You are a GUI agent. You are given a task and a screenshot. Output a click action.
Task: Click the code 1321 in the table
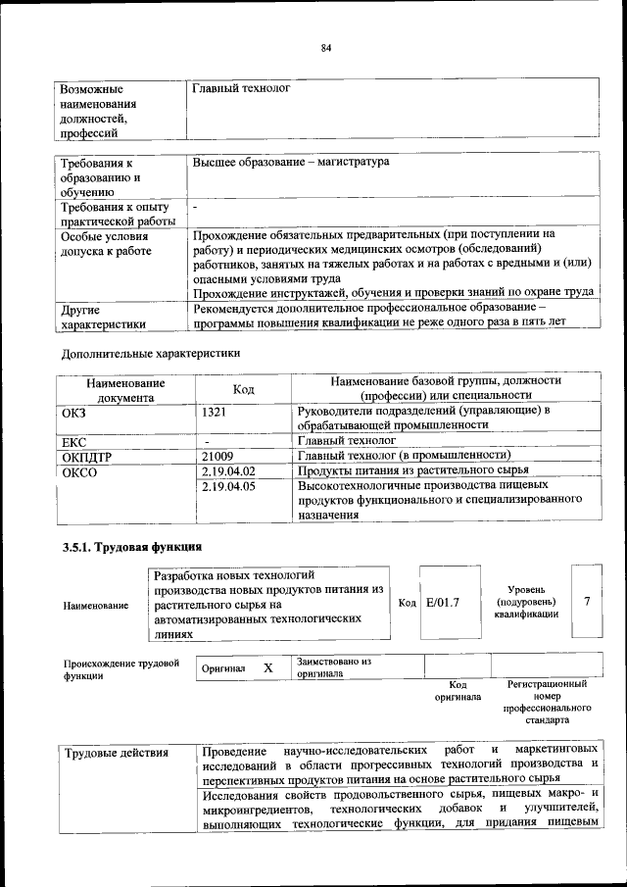(x=215, y=411)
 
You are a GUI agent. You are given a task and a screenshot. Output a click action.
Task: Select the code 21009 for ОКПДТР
(x=217, y=456)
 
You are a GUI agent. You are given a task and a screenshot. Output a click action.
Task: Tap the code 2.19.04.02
(x=227, y=471)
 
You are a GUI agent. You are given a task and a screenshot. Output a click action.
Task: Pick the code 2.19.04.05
(x=227, y=486)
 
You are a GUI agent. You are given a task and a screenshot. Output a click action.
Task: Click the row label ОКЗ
(x=74, y=412)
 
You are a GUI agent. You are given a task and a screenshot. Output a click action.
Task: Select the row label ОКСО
(x=78, y=471)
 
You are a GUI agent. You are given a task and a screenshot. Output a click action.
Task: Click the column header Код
(x=243, y=389)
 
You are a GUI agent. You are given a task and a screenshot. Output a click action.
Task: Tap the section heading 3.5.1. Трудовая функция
(x=131, y=546)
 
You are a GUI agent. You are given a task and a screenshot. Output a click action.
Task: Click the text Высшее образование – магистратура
(x=291, y=161)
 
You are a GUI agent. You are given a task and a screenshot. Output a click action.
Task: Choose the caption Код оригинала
(x=458, y=691)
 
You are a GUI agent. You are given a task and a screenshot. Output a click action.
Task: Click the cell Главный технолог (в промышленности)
(x=405, y=456)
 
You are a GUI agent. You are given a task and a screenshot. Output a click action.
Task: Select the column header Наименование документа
(x=124, y=389)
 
